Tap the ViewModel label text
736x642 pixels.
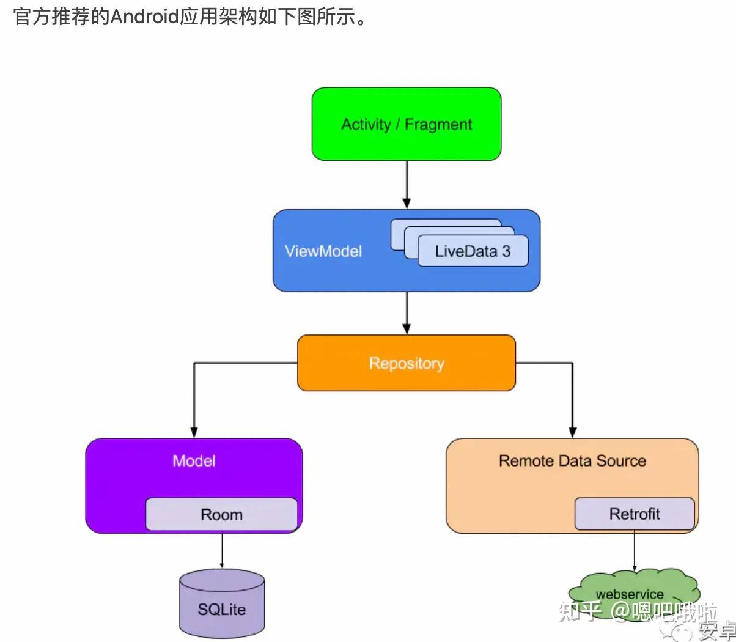(x=323, y=251)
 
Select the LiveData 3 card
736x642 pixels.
(x=472, y=251)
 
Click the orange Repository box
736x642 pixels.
(x=406, y=363)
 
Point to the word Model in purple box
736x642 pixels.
(x=194, y=460)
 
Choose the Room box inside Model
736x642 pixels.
(x=221, y=515)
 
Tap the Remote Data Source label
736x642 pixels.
(x=572, y=461)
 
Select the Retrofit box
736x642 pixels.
(x=634, y=514)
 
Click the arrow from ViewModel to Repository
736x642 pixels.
(x=407, y=312)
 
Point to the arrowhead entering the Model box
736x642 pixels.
(x=194, y=431)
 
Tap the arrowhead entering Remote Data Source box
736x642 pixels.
(x=572, y=431)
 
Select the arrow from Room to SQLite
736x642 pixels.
(x=221, y=550)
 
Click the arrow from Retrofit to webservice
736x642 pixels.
(x=634, y=550)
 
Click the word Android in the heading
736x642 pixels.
(x=144, y=17)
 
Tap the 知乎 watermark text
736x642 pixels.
(x=580, y=611)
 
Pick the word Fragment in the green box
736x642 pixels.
(x=438, y=125)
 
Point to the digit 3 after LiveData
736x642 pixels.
(x=506, y=251)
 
